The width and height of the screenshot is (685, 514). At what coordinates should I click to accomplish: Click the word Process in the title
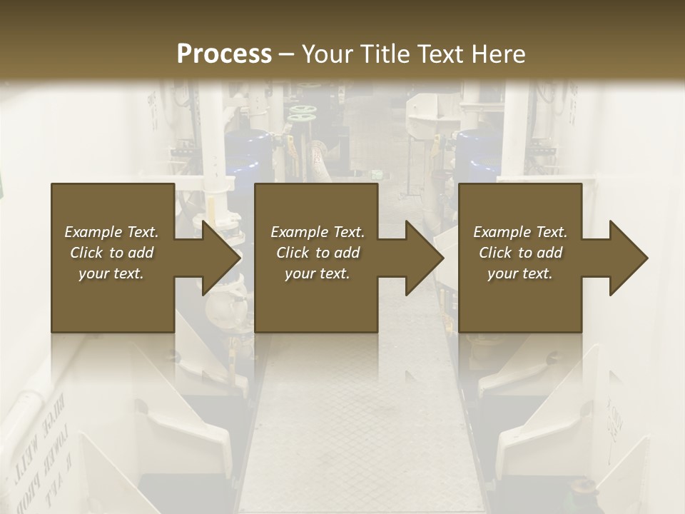pos(224,54)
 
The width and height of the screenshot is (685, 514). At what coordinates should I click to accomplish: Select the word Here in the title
pos(499,54)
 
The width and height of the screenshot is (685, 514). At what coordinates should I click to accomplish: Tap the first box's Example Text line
pos(111,232)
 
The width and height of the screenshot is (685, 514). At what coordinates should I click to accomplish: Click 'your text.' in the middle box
pos(317,273)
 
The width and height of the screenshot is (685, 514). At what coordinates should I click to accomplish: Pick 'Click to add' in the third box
pos(520,253)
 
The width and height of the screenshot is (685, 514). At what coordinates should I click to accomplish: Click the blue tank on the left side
pos(246,153)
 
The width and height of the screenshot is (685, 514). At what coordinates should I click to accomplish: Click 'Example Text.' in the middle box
pos(317,232)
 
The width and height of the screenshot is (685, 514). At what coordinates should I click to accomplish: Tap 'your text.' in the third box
pos(520,273)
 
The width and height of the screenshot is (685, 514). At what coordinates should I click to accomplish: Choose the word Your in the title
pos(328,54)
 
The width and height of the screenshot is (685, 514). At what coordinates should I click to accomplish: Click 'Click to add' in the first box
pos(111,253)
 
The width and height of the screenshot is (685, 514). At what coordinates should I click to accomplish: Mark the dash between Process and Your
pos(287,54)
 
